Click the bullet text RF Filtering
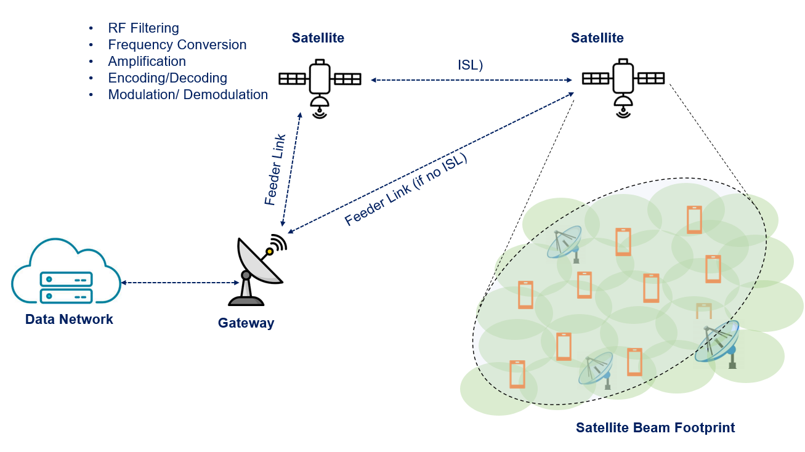pyautogui.click(x=143, y=28)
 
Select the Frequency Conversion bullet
pyautogui.click(x=177, y=45)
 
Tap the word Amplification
pyautogui.click(x=147, y=62)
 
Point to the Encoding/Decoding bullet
pyautogui.click(x=167, y=78)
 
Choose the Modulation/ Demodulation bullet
pyautogui.click(x=187, y=95)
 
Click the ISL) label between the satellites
pyautogui.click(x=470, y=65)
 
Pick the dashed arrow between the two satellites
pyautogui.click(x=471, y=80)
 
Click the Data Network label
pyautogui.click(x=69, y=320)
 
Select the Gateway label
pyautogui.click(x=246, y=323)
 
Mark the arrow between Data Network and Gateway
pyautogui.click(x=180, y=283)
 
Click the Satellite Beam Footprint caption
pyautogui.click(x=655, y=427)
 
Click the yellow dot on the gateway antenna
pyautogui.click(x=269, y=251)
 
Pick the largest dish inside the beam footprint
pyautogui.click(x=718, y=342)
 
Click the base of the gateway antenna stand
pyautogui.click(x=246, y=301)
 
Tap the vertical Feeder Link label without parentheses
pyautogui.click(x=275, y=169)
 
